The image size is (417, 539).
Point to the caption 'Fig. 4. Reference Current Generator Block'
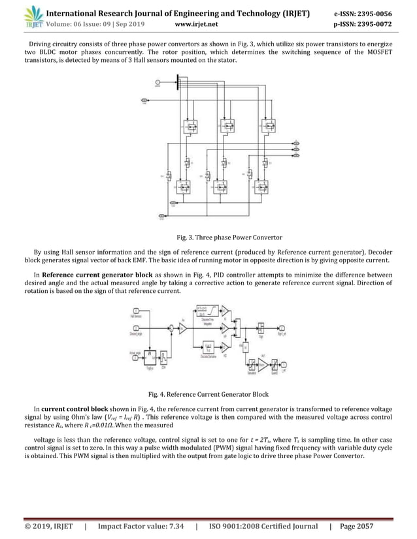(208, 393)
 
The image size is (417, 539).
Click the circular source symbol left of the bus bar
(157, 82)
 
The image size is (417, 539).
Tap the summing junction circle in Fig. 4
(172, 328)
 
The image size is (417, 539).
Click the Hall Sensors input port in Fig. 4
(136, 311)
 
